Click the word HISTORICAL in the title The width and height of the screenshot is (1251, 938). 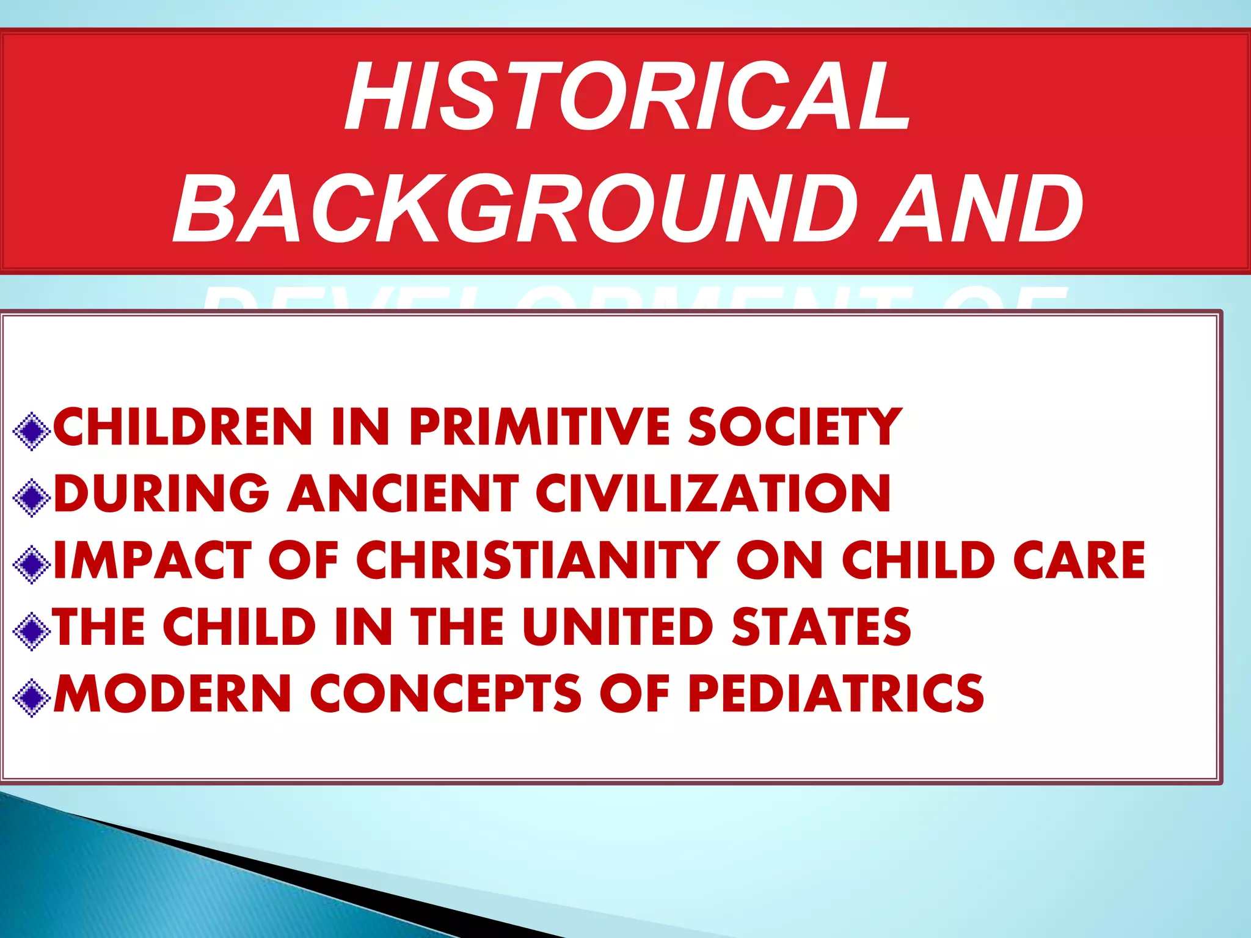click(627, 96)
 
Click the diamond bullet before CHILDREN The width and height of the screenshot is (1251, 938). click(31, 432)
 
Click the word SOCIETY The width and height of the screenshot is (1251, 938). click(794, 427)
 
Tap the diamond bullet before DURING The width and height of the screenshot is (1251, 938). click(31, 498)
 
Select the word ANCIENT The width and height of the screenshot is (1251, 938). click(403, 493)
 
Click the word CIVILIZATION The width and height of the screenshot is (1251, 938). click(713, 493)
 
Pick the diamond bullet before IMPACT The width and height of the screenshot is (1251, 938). click(31, 565)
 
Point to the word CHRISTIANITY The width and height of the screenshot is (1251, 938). click(538, 560)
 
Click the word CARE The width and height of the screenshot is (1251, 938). click(1079, 560)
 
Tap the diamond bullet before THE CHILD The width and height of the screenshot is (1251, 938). click(31, 631)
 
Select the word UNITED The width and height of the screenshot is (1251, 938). click(618, 627)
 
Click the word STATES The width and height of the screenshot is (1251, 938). click(821, 627)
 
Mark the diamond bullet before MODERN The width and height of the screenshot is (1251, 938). click(31, 698)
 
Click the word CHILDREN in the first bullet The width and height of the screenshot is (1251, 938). click(183, 427)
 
